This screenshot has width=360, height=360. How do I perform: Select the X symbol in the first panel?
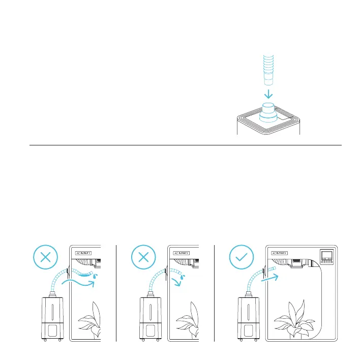pos(45,257)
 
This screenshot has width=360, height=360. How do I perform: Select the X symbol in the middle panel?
pos(144,257)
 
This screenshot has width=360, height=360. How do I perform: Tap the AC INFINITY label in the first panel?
pos(83,252)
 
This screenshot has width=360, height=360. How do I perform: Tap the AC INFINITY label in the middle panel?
pos(182,252)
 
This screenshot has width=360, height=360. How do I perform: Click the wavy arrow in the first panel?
pos(77,283)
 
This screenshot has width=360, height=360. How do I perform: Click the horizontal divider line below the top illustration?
pos(183,145)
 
